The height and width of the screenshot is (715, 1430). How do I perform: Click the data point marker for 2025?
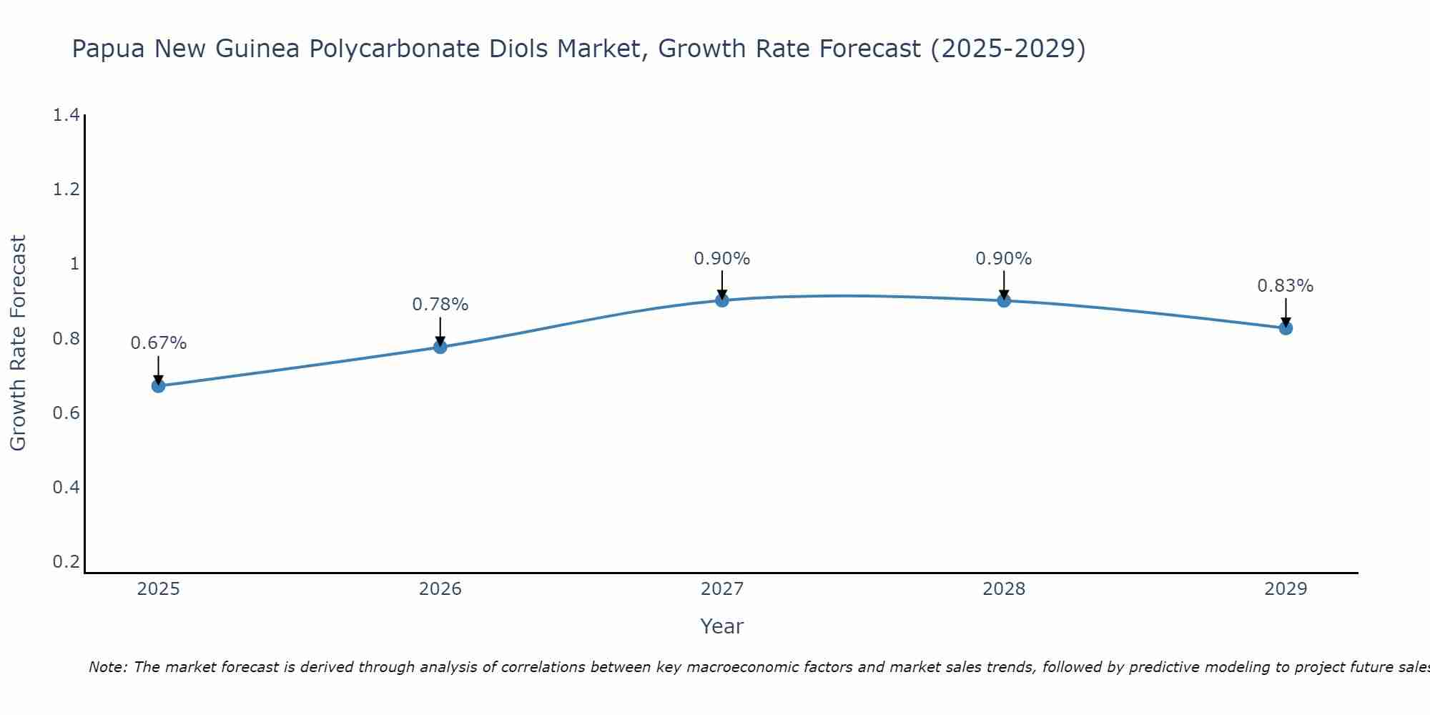(x=158, y=386)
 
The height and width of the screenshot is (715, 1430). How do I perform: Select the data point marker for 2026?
(x=440, y=347)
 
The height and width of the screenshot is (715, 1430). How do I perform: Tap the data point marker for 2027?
(x=722, y=300)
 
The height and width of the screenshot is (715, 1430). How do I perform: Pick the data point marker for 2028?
(x=1004, y=300)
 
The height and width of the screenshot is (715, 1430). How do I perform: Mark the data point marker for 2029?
(x=1286, y=328)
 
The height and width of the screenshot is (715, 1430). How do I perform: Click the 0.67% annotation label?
(x=158, y=343)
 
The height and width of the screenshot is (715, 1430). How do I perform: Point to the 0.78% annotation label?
(x=440, y=305)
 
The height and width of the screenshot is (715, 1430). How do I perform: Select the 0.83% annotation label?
(x=1285, y=286)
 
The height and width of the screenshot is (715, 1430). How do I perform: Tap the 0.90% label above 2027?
(x=722, y=259)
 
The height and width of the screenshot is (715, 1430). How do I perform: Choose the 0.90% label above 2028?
(x=1004, y=259)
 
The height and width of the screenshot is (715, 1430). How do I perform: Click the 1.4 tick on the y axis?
(x=66, y=115)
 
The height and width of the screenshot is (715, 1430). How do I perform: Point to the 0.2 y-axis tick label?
(x=66, y=562)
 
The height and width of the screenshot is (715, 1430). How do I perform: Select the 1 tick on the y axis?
(x=74, y=264)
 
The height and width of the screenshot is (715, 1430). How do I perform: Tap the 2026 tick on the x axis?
(x=440, y=589)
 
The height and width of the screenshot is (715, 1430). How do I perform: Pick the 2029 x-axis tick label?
(x=1286, y=589)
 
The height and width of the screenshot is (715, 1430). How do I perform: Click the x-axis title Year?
(x=722, y=626)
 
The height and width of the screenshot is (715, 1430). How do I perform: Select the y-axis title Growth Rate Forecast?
(x=18, y=343)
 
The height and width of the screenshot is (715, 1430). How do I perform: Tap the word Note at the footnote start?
(x=107, y=667)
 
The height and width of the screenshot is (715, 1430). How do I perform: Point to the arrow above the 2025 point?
(x=158, y=368)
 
